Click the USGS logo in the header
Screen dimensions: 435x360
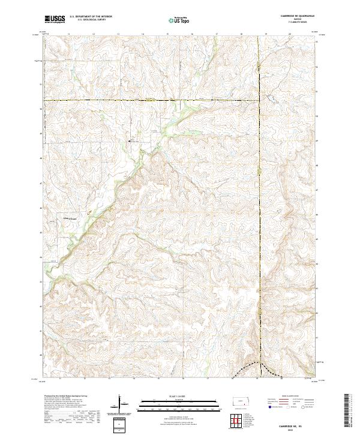[55, 20]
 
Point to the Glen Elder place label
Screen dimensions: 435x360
[71, 218]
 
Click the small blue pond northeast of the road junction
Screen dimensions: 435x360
[270, 97]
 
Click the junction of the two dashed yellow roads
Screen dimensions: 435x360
[259, 100]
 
